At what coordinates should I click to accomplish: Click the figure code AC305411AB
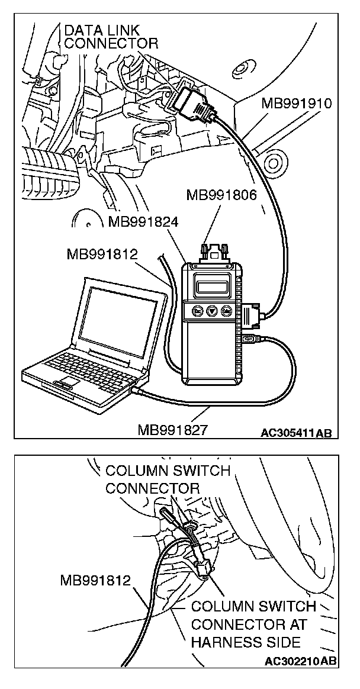click(x=296, y=432)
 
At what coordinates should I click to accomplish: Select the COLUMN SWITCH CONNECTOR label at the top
click(x=167, y=479)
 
